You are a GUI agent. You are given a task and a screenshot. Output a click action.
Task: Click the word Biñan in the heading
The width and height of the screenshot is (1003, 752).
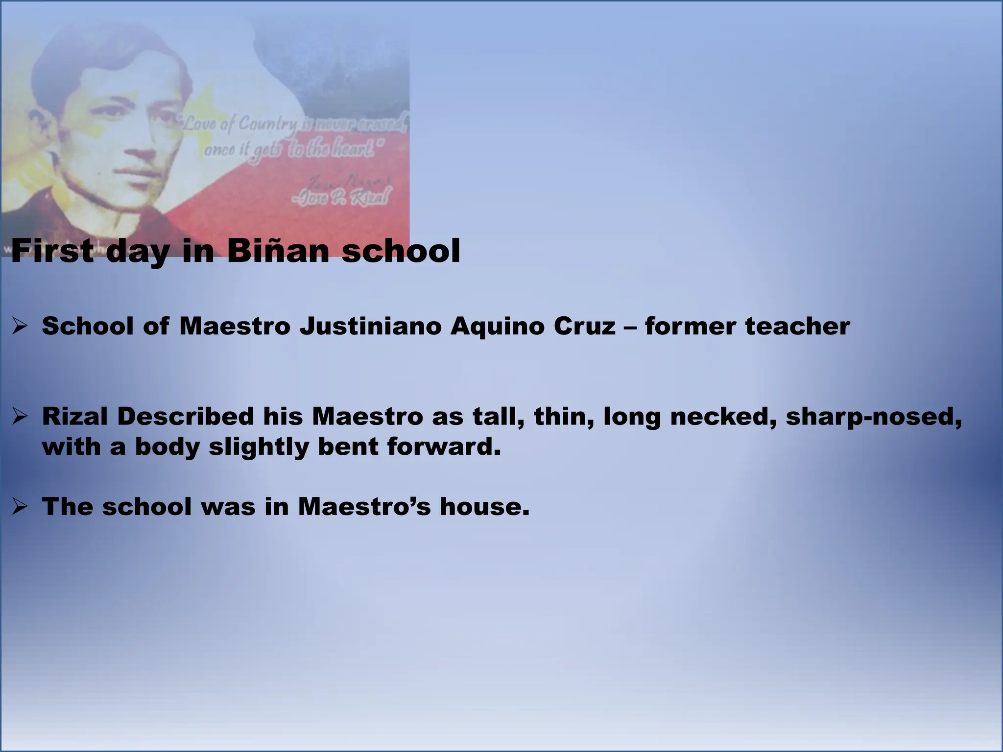pos(278,251)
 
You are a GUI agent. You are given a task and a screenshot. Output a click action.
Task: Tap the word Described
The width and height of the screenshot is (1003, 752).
pos(185,417)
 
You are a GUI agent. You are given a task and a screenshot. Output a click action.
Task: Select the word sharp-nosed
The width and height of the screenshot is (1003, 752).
pos(874,417)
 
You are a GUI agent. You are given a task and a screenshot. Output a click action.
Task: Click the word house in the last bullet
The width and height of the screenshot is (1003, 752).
pos(484,506)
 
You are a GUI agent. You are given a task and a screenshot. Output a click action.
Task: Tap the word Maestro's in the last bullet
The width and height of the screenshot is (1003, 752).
pos(364,506)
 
